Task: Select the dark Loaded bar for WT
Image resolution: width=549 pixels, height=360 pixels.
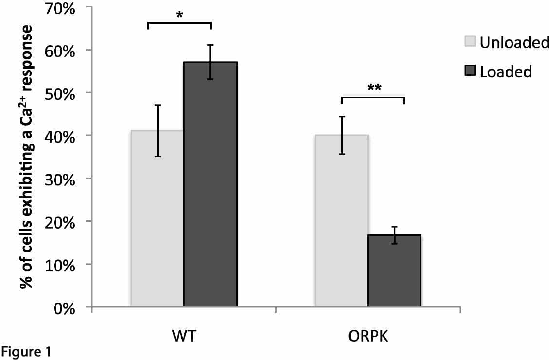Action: click(210, 185)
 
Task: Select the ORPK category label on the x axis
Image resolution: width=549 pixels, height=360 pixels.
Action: click(368, 337)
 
